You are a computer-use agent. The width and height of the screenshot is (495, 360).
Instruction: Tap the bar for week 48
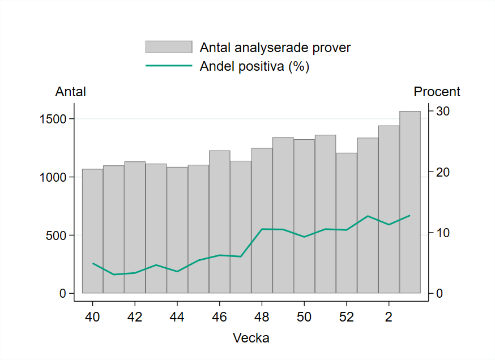[x=262, y=221]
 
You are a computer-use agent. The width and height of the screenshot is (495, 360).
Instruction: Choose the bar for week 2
[x=389, y=209]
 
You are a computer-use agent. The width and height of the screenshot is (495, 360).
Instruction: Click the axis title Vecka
[x=251, y=338]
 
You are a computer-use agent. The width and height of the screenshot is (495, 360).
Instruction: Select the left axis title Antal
[x=70, y=92]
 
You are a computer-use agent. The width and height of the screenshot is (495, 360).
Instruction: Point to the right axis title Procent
[x=437, y=92]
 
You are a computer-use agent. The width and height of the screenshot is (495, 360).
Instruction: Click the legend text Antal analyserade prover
[x=275, y=48]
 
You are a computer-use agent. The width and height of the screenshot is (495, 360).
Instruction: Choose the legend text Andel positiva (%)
[x=254, y=66]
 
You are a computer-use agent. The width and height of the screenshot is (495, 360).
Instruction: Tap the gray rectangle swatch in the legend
[x=169, y=47]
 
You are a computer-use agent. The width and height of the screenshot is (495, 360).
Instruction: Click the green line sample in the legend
[x=169, y=66]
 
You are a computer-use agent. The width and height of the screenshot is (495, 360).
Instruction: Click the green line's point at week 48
[x=262, y=229]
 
